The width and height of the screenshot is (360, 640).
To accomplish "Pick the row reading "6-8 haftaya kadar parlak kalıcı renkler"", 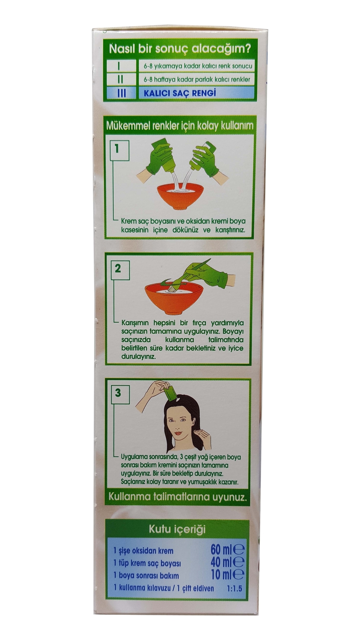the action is click(x=197, y=80).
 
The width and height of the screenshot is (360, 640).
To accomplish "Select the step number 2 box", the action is click(x=118, y=269).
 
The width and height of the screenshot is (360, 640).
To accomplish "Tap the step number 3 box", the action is click(x=118, y=393).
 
